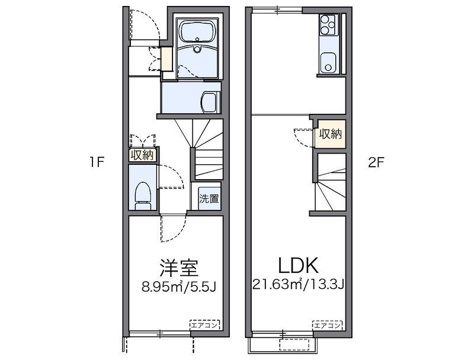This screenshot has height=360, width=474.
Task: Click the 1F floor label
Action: coord(97,163)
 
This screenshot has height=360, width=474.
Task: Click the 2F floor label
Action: coord(376,163)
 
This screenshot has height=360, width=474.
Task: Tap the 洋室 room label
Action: coord(179,267)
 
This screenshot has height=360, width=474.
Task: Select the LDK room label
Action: coord(299,265)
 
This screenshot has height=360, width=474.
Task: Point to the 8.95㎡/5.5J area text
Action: coord(178,286)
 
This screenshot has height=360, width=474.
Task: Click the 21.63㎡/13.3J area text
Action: coord(299,284)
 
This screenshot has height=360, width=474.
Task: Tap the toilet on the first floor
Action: coord(143,196)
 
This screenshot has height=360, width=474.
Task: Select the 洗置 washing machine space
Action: coord(209,199)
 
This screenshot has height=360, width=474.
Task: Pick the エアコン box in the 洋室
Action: coord(204,325)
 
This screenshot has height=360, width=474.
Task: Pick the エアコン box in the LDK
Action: coord(328,326)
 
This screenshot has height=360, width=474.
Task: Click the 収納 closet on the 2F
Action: coord(331,133)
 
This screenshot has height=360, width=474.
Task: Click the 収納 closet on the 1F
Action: coord(142,155)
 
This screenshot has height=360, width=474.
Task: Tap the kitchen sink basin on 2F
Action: coord(328,63)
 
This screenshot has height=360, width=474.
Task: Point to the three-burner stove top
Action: coord(328,25)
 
